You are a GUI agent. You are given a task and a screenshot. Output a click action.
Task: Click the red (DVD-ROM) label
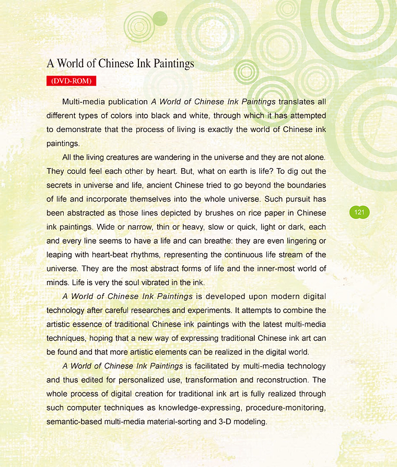(x=71, y=81)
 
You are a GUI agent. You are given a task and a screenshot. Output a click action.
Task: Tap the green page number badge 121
(x=359, y=212)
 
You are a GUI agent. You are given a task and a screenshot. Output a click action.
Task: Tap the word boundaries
(x=302, y=185)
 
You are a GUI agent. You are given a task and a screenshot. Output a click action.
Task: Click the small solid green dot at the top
(x=160, y=19)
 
